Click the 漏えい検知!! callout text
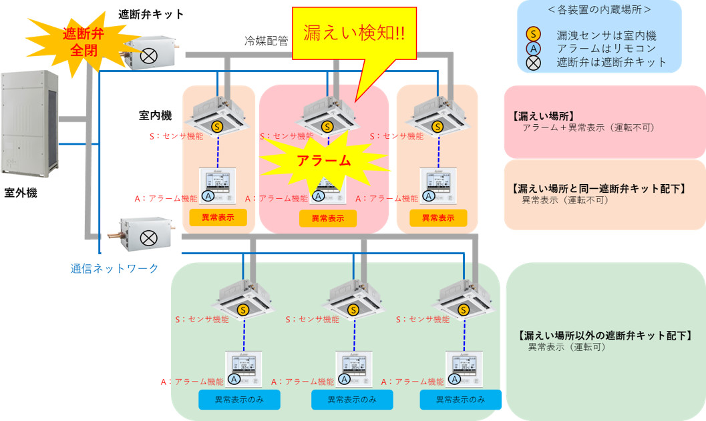tap(353, 33)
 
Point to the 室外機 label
tap(21, 193)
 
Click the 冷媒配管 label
tap(266, 41)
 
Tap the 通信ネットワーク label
tap(114, 268)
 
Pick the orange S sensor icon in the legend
tap(534, 35)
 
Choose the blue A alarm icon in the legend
tap(534, 48)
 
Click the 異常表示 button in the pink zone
tap(327, 218)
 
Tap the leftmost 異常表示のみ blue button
tap(239, 399)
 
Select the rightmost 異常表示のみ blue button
tap(460, 399)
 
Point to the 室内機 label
tap(154, 115)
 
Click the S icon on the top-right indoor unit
tap(437, 126)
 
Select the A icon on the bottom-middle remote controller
tap(344, 378)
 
